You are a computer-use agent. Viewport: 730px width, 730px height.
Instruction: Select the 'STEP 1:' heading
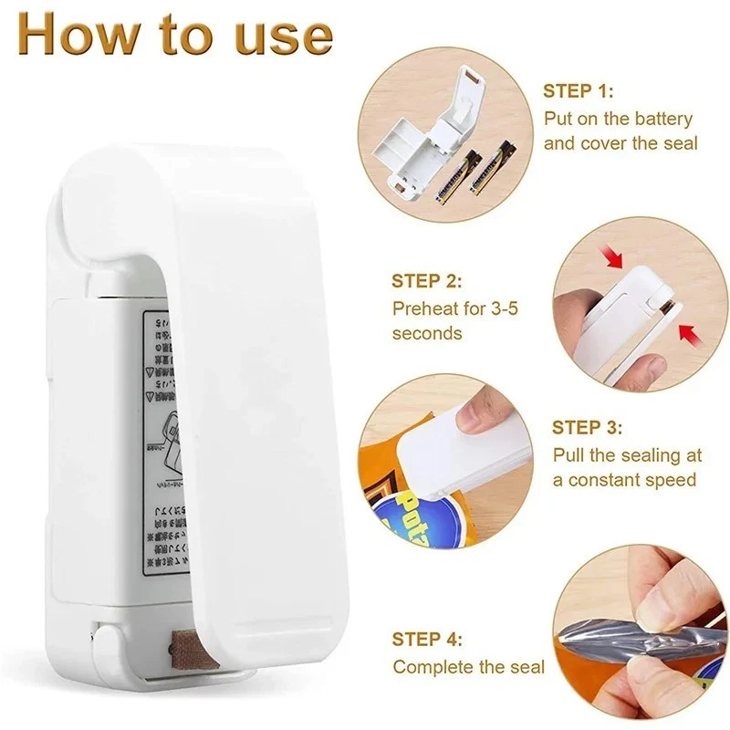[579, 91]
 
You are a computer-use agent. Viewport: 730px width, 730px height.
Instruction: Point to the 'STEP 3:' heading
[588, 428]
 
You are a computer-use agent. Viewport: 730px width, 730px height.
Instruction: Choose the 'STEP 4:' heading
[427, 639]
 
